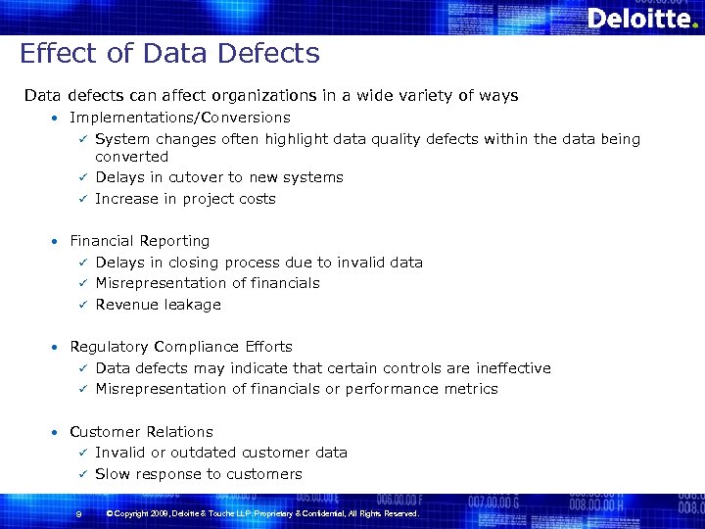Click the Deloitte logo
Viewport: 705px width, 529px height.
[641, 19]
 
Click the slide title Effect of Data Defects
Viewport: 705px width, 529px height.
[169, 53]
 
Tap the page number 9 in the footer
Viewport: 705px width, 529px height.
[77, 514]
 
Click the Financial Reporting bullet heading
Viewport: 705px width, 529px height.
[140, 241]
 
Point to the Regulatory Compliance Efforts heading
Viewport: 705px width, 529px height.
[181, 347]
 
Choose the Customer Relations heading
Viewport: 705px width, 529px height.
[141, 432]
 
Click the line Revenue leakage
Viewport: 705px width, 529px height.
[158, 305]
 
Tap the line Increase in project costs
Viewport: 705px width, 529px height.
[185, 199]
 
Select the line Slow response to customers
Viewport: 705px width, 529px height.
[199, 474]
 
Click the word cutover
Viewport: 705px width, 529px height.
[195, 177]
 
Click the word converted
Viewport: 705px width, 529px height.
[131, 157]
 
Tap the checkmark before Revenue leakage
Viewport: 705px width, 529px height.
[84, 305]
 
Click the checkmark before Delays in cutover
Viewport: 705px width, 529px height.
[84, 177]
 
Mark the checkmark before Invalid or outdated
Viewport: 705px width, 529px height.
[84, 453]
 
